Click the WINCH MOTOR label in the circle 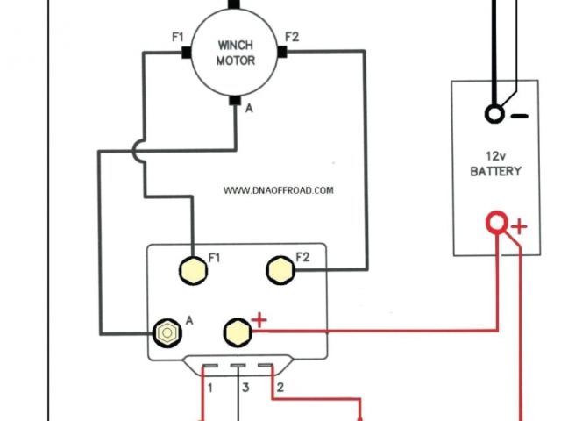point(235,53)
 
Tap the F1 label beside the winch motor point(178,37)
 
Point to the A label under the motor point(250,108)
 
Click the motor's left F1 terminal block point(187,53)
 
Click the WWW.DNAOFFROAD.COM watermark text point(278,190)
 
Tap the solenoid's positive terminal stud point(235,331)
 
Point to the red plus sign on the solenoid point(259,319)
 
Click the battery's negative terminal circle point(495,114)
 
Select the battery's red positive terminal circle point(497,224)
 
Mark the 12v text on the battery point(495,155)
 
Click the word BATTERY point(495,171)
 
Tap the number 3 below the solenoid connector point(246,387)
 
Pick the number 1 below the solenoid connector point(210,387)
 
